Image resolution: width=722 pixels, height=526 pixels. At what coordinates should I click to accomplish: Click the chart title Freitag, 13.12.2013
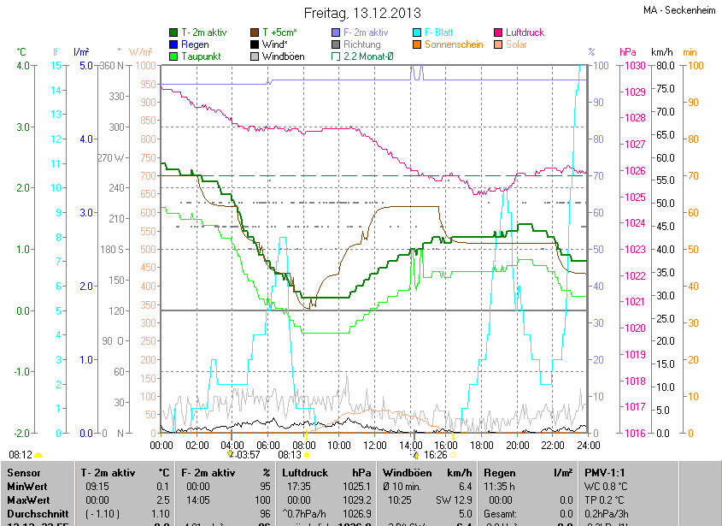pos(362,13)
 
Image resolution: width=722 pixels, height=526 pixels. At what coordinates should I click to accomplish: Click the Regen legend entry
pos(195,44)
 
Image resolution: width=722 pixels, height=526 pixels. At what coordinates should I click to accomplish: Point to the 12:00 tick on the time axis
pos(375,446)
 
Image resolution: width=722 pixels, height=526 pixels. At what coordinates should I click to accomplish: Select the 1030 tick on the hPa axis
pos(634,66)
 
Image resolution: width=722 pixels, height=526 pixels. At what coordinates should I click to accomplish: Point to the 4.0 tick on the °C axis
pos(23,66)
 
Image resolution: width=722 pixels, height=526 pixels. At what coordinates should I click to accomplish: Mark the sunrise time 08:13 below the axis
pos(291,455)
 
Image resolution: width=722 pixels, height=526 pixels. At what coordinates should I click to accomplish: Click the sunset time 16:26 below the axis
pos(435,455)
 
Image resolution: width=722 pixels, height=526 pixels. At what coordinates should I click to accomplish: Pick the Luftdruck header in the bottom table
pos(304,472)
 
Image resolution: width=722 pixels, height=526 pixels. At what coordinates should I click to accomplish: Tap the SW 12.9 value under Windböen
pos(454,499)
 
